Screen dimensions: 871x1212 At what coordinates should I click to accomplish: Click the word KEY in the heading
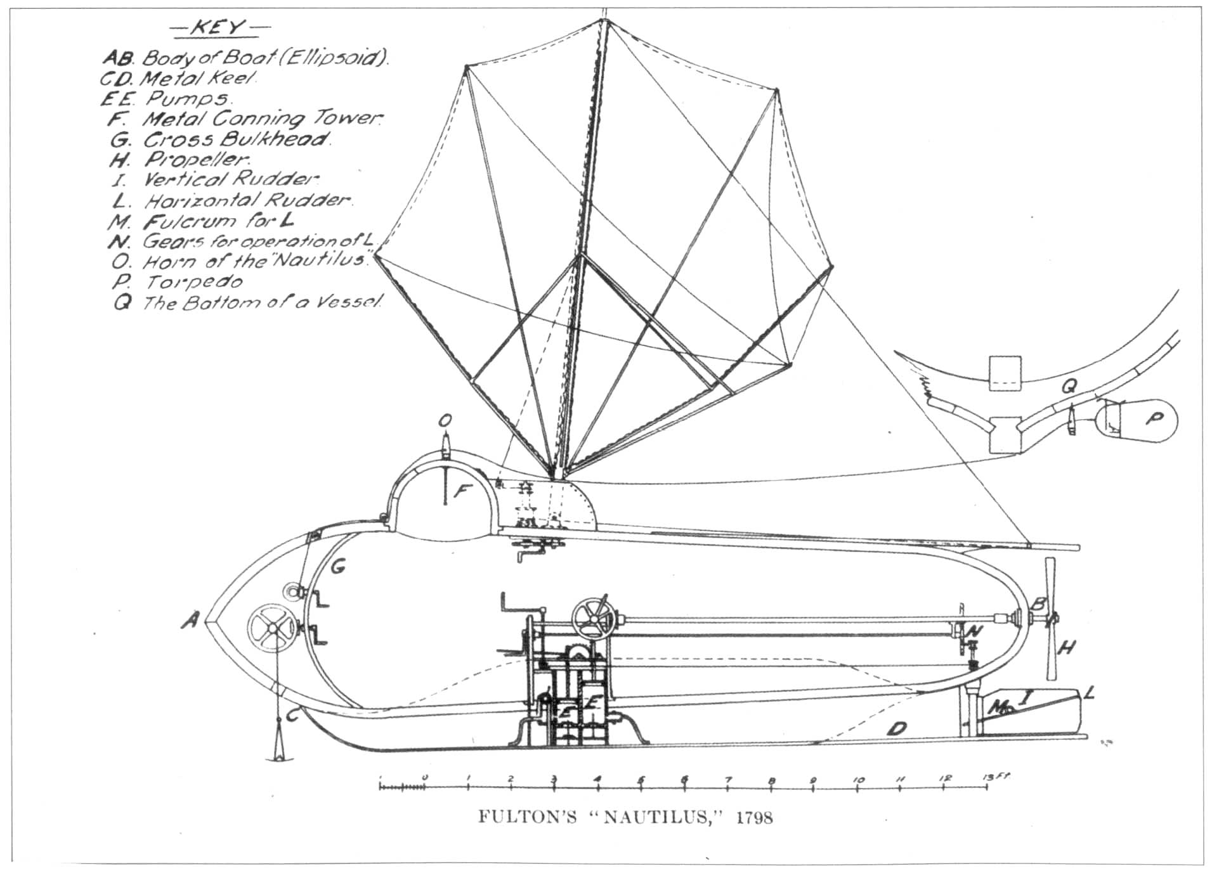pos(218,28)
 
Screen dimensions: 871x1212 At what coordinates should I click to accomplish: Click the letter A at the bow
pos(190,619)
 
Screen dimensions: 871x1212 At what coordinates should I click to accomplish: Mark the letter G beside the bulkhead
pos(338,565)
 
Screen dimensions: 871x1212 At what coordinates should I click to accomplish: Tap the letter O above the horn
pos(446,420)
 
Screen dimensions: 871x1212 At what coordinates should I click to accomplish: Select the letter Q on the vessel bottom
pos(1069,385)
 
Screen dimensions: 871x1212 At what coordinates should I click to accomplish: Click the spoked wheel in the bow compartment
pos(271,626)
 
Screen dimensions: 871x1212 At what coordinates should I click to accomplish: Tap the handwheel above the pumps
pos(593,616)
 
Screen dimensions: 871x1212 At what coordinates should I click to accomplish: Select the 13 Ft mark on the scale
pos(989,778)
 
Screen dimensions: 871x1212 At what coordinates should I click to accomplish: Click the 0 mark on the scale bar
pos(426,778)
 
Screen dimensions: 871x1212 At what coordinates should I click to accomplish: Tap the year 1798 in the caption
pos(754,817)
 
